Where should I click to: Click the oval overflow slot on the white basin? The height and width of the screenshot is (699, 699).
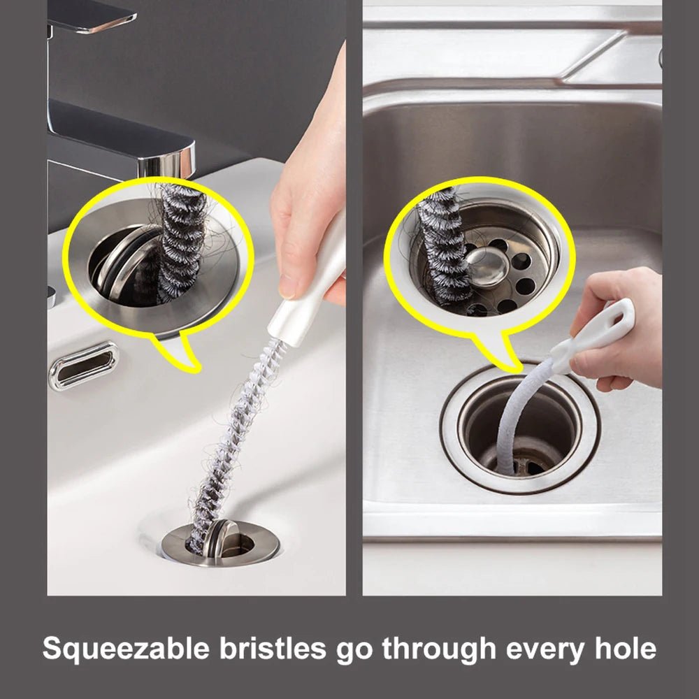(83, 365)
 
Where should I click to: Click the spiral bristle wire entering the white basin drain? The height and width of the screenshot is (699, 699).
(231, 447)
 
